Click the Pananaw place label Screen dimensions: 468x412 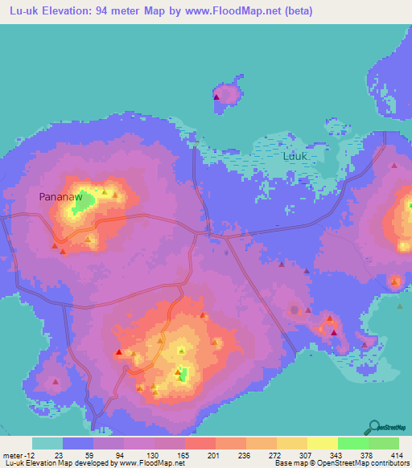pos(60,196)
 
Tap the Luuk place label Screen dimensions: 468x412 pos(294,157)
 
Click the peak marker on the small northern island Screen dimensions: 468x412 pos(216,97)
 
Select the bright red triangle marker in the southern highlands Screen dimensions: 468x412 pos(119,352)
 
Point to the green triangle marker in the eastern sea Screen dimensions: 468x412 pos(400,306)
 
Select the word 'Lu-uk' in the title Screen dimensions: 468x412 pos(20,11)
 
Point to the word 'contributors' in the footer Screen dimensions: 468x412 pos(386,463)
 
